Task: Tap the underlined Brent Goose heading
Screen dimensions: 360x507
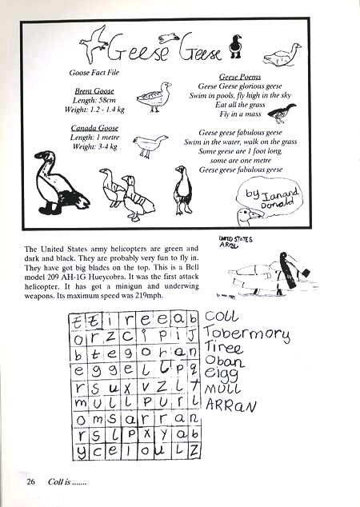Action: coord(94,92)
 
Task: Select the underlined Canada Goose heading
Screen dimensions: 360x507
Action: coord(94,128)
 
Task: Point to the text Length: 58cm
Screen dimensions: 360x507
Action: coord(94,101)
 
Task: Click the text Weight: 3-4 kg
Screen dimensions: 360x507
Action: coord(94,146)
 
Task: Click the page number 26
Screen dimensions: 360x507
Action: coord(31,481)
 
